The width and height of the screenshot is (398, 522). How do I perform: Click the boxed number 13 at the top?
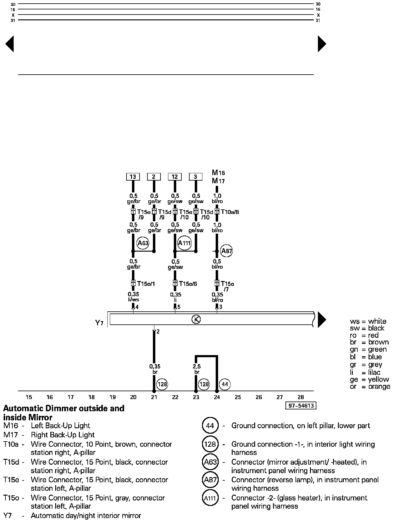(x=133, y=177)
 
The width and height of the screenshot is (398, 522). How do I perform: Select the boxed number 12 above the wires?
(x=175, y=177)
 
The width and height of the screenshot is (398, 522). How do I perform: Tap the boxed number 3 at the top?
(x=196, y=177)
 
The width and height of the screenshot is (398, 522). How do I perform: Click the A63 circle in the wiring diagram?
(x=143, y=243)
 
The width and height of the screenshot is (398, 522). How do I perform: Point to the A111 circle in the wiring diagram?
(x=184, y=243)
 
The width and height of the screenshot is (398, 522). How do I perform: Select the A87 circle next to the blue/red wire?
(x=227, y=251)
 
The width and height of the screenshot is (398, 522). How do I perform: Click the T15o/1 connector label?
(x=146, y=284)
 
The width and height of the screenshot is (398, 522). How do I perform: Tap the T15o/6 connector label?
(x=188, y=284)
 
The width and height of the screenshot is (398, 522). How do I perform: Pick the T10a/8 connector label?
(x=230, y=212)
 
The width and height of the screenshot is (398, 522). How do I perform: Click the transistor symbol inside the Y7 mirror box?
(x=196, y=319)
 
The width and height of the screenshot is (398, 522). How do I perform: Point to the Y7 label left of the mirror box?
(x=99, y=323)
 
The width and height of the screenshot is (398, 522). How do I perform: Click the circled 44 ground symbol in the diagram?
(x=225, y=385)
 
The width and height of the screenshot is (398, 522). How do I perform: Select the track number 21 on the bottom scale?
(x=154, y=397)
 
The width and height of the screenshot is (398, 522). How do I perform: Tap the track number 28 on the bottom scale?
(x=300, y=397)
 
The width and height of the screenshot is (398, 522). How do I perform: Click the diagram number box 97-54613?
(x=301, y=406)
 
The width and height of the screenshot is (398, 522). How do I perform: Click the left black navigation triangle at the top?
(x=10, y=44)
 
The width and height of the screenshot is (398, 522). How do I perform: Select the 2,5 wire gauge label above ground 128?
(x=197, y=367)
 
